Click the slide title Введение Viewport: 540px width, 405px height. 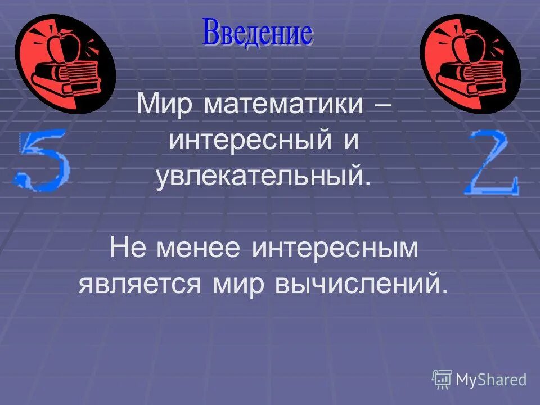point(257,33)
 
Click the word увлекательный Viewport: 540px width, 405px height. point(264,178)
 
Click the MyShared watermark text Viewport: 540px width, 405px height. point(490,380)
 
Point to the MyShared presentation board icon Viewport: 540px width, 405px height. point(442,379)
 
